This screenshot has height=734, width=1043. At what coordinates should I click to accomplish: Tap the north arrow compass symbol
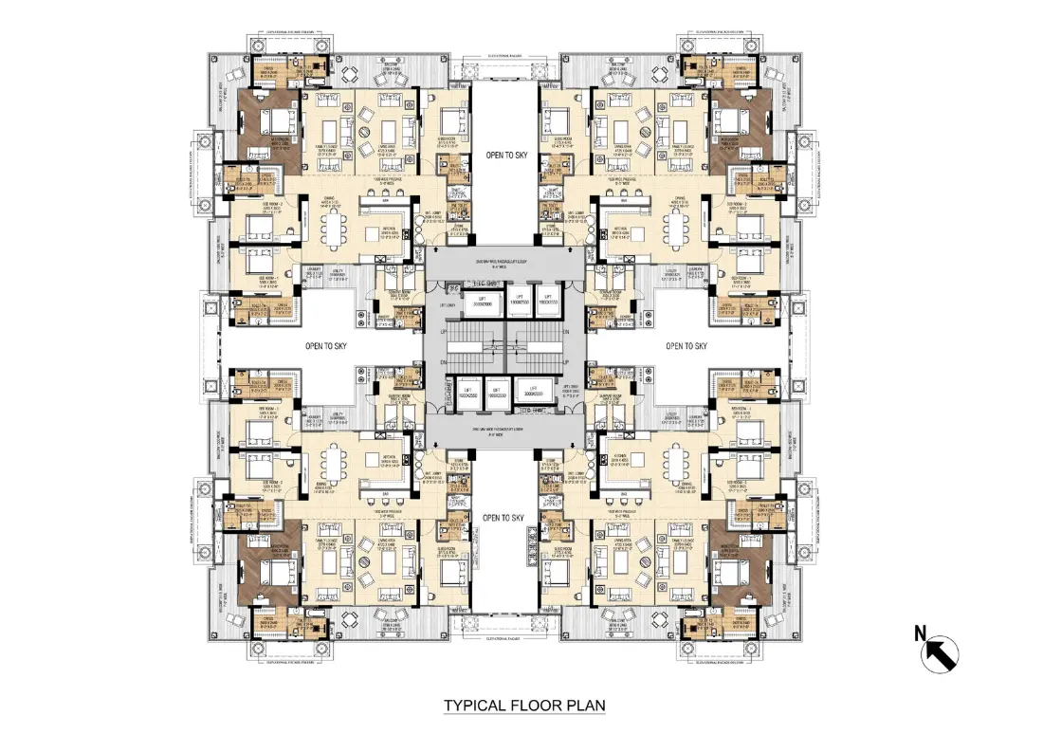point(940,654)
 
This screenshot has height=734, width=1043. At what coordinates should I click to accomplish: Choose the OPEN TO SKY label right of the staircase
point(686,346)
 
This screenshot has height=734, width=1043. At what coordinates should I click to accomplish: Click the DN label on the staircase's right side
point(565,332)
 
